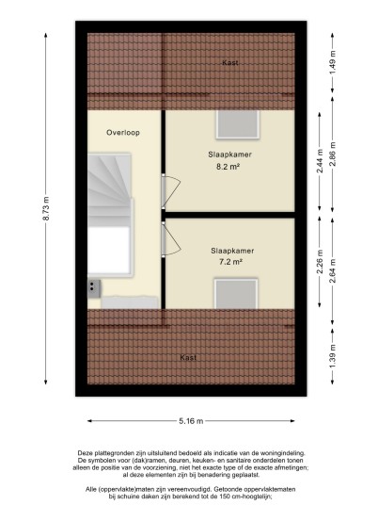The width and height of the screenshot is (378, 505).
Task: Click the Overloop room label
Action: pyautogui.click(x=123, y=132)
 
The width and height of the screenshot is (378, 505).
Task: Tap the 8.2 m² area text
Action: pyautogui.click(x=228, y=167)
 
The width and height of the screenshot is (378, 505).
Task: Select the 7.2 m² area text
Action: pyautogui.click(x=230, y=262)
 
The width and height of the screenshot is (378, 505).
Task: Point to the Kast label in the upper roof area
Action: pyautogui.click(x=230, y=63)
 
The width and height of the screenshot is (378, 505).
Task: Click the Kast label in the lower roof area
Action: pyautogui.click(x=188, y=357)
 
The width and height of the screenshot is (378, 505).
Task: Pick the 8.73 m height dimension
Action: pyautogui.click(x=46, y=208)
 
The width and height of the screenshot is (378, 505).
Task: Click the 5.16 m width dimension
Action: pyautogui.click(x=191, y=420)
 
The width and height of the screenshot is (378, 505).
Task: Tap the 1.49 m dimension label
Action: pyautogui.click(x=333, y=62)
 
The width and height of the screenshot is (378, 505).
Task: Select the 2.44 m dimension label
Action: pyautogui.click(x=320, y=161)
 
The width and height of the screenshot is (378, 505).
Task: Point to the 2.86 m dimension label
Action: pyautogui.click(x=333, y=154)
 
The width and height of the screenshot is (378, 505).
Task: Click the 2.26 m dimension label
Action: pyautogui.click(x=320, y=261)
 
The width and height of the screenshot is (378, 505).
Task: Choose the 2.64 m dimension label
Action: pyautogui.click(x=333, y=270)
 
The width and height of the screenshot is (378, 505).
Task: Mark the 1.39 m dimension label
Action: pyautogui.click(x=333, y=356)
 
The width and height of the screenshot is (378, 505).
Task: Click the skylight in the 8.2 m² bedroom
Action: pyautogui.click(x=238, y=124)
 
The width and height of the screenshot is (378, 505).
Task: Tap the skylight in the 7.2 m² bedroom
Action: pyautogui.click(x=236, y=294)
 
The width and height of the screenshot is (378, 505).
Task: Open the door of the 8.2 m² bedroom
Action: pyautogui.click(x=171, y=190)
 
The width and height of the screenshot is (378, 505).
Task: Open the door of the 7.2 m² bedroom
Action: pyautogui.click(x=171, y=238)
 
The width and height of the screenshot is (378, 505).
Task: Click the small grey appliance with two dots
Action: pyautogui.click(x=94, y=288)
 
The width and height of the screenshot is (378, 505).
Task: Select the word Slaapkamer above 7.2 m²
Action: pyautogui.click(x=232, y=251)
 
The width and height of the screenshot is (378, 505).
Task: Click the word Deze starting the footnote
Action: pyautogui.click(x=85, y=453)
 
